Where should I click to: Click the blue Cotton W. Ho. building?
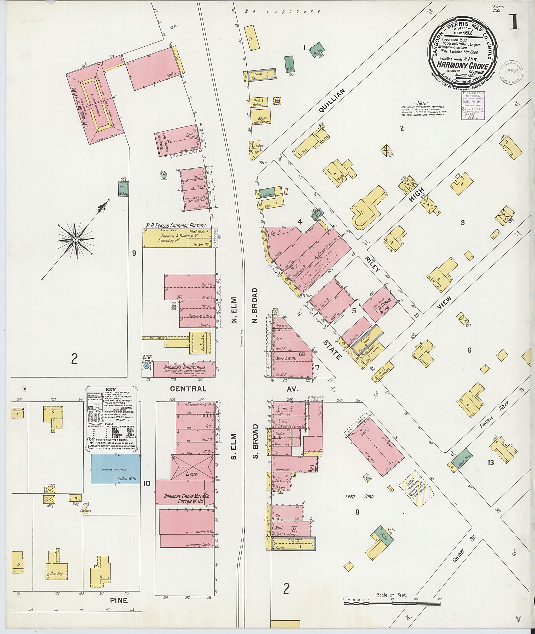coord(116,469)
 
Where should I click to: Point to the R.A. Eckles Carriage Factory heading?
coord(176,226)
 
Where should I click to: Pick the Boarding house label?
coord(57,573)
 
